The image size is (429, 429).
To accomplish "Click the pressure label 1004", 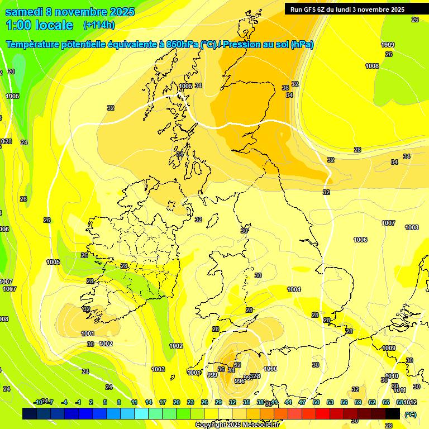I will (x=294, y=289).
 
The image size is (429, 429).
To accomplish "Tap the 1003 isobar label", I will (x=158, y=369).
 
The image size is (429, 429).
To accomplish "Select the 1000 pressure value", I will (x=270, y=369).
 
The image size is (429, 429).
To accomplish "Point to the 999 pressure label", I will (x=212, y=375).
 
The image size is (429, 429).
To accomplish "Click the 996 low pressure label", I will (x=239, y=381).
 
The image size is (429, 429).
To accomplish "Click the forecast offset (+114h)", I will (x=99, y=25).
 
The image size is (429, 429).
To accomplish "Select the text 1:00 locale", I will (x=40, y=25).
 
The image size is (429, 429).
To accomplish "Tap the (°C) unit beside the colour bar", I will (x=410, y=414).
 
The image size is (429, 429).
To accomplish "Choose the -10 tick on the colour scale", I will (x=38, y=402).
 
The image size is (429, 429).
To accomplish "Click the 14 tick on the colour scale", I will (x=149, y=402).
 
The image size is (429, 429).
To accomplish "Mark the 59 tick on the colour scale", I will (x=357, y=402).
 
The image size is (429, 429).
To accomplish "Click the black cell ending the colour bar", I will (x=393, y=413).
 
